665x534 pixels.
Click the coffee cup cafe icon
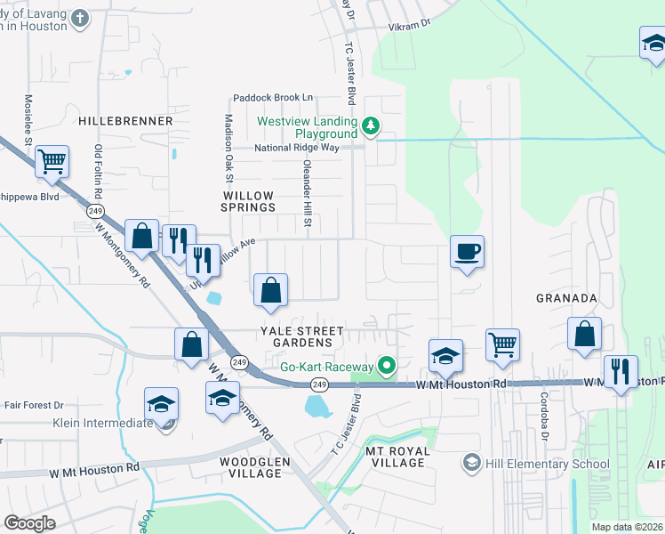click(x=467, y=252)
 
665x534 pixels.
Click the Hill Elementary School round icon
click(x=471, y=463)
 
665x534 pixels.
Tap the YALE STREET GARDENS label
click(x=301, y=336)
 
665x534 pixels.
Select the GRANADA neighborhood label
click(x=566, y=298)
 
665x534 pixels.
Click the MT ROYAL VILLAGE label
click(x=398, y=457)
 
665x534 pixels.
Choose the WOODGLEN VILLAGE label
click(x=253, y=467)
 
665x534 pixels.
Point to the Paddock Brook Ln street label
click(x=274, y=97)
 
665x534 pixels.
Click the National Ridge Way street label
click(x=297, y=148)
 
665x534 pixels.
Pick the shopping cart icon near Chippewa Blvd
click(x=52, y=162)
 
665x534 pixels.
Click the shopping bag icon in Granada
click(x=585, y=334)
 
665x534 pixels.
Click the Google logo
click(x=29, y=523)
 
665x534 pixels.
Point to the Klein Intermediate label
click(x=103, y=423)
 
